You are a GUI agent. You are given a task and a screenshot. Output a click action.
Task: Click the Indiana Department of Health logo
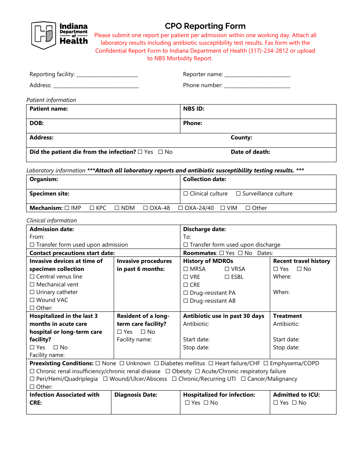(x=59, y=35)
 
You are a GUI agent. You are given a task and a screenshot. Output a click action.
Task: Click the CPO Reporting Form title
(x=205, y=26)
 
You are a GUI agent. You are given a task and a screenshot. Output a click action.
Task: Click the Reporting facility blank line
(x=107, y=75)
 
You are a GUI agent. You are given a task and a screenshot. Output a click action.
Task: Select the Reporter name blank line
(x=257, y=75)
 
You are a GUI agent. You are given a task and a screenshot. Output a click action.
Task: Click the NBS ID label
(x=194, y=109)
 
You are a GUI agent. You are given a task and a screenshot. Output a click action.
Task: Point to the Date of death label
(x=250, y=152)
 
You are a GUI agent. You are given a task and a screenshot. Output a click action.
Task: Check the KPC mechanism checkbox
(x=92, y=208)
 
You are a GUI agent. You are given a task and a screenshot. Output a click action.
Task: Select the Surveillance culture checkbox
(x=238, y=194)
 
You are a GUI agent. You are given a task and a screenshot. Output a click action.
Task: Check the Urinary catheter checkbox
(x=32, y=292)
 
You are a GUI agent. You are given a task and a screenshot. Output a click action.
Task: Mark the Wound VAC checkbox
(x=32, y=300)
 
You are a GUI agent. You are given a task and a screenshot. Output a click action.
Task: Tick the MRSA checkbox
(x=186, y=269)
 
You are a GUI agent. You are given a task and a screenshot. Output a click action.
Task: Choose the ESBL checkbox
(x=227, y=277)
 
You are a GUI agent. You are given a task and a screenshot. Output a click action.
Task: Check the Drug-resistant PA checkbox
(x=186, y=293)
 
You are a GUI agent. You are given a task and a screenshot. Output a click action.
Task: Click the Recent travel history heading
(x=301, y=261)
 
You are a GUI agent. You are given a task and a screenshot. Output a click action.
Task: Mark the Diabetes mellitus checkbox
(x=157, y=363)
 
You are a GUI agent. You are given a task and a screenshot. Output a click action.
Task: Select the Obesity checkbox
(x=168, y=371)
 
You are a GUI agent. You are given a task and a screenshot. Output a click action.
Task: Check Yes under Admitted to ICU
(x=275, y=403)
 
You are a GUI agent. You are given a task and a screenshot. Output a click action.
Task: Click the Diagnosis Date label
(x=136, y=395)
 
